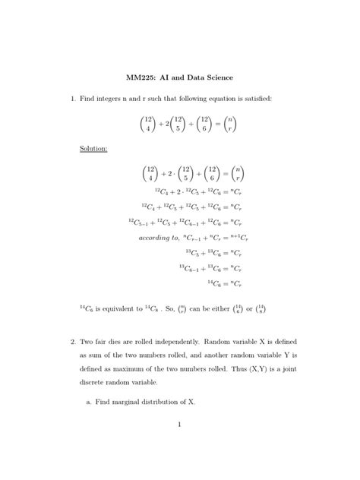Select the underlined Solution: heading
93,148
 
